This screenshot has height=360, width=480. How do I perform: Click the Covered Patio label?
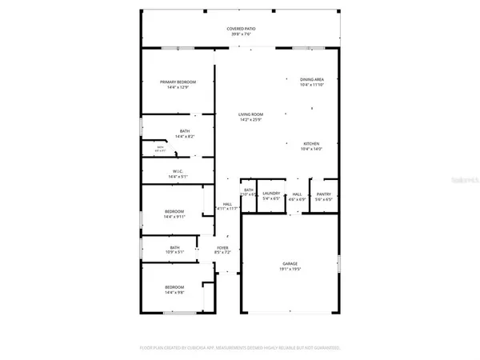[239, 29]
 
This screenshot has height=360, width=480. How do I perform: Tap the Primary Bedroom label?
[178, 82]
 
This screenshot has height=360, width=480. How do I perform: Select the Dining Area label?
[311, 79]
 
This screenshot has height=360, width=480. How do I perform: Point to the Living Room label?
[250, 115]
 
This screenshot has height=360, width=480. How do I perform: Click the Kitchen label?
[311, 144]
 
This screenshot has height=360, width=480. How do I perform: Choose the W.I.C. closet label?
[178, 171]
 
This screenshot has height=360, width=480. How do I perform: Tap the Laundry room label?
[270, 194]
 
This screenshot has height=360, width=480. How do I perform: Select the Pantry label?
[323, 194]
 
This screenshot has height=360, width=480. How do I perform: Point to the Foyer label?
[223, 248]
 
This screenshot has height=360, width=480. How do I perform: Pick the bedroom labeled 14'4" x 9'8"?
[174, 291]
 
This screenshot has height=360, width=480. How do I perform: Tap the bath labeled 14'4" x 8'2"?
[185, 137]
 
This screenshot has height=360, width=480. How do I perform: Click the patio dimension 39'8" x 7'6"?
[239, 34]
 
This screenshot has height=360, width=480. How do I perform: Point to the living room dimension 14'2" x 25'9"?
[250, 120]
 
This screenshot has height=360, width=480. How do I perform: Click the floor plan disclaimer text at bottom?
[239, 349]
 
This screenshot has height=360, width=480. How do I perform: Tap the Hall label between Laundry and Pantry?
[297, 194]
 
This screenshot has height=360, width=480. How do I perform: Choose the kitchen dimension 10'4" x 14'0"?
[311, 150]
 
